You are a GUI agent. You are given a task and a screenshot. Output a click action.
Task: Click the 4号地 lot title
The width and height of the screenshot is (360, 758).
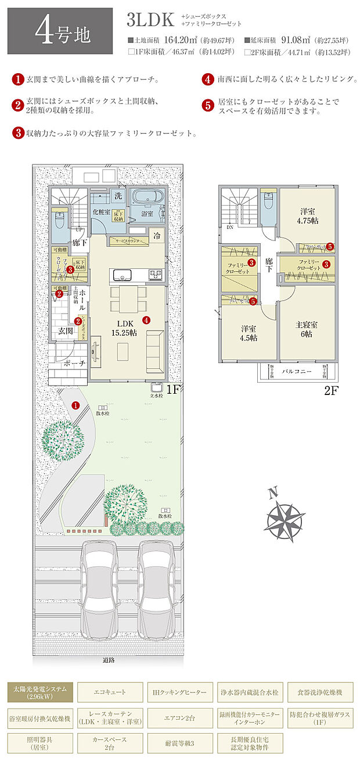[63, 33]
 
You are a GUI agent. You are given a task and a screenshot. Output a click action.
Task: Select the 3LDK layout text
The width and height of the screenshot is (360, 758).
[150, 20]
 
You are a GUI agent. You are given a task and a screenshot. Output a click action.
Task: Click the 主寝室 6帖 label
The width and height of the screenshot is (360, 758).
[306, 329]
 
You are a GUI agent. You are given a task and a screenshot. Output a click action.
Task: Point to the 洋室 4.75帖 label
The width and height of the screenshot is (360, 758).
[307, 216]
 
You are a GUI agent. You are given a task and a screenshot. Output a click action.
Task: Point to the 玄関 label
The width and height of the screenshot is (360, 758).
[65, 331]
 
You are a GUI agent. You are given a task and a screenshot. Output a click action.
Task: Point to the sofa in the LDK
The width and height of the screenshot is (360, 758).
[155, 351]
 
